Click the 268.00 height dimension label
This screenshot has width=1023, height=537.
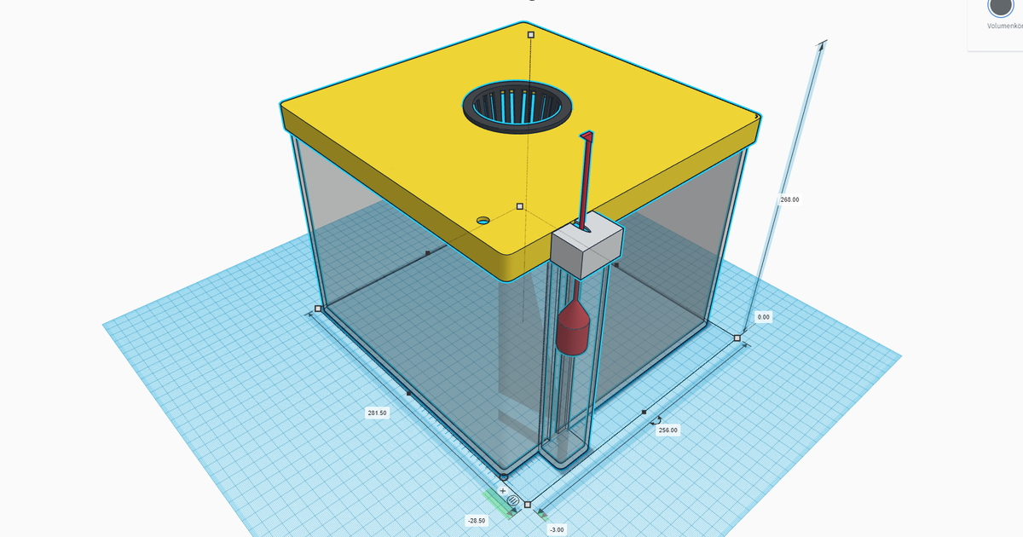tap(789, 199)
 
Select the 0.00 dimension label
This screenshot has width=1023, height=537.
tap(763, 317)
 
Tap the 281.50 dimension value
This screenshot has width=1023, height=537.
tap(377, 413)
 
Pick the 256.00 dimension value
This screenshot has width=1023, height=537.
tap(668, 430)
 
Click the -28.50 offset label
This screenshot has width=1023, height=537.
tap(476, 520)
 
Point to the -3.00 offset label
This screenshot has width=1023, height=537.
tap(557, 529)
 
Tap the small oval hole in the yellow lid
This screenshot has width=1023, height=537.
tap(483, 221)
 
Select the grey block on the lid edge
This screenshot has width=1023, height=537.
tap(587, 246)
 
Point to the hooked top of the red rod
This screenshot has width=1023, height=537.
tap(587, 136)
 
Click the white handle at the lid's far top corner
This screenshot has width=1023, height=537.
tap(530, 35)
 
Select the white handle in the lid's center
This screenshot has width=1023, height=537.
tap(520, 206)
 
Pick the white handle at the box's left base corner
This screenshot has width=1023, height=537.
tap(318, 309)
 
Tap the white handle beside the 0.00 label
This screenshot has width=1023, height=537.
tap(737, 338)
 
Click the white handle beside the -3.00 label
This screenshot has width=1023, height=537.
tap(528, 505)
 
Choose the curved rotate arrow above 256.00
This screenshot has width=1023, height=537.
tap(656, 419)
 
